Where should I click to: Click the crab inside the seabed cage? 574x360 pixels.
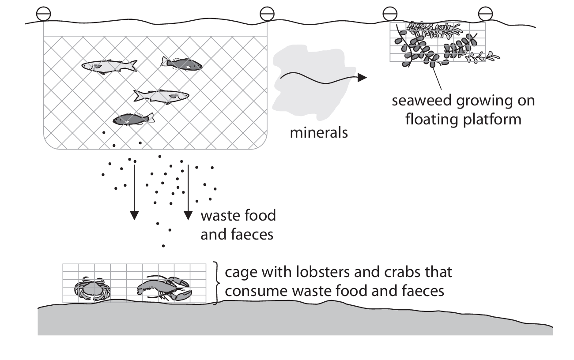coord(92,289)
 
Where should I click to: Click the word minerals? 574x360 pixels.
coord(318,132)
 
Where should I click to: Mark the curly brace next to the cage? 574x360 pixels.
coord(217,282)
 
